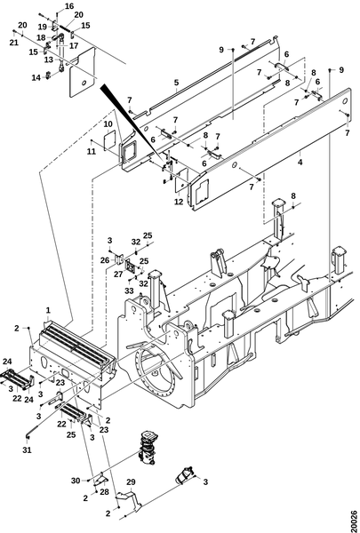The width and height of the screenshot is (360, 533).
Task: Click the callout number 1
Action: coord(48,310)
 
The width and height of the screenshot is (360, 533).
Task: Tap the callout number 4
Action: coord(300,163)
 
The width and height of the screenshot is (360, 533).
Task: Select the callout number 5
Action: coord(176,83)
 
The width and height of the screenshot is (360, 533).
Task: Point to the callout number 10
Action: coord(108,123)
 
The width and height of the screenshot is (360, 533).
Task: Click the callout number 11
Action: coord(92,151)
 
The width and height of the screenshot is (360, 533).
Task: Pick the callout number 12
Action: coord(179,202)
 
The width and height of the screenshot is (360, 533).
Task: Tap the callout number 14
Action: coord(36,78)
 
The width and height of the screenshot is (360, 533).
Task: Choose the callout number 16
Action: coord(69,6)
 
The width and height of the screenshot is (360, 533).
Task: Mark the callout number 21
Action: coord(14,43)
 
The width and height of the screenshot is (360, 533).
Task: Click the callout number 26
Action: coord(105,260)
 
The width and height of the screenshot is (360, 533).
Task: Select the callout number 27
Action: coord(118,274)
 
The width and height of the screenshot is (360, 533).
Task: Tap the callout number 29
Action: coord(131,481)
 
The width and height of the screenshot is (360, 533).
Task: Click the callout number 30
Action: coord(76,481)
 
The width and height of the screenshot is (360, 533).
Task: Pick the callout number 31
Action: coord(27,449)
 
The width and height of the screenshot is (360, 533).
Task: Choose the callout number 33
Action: coord(129,290)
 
